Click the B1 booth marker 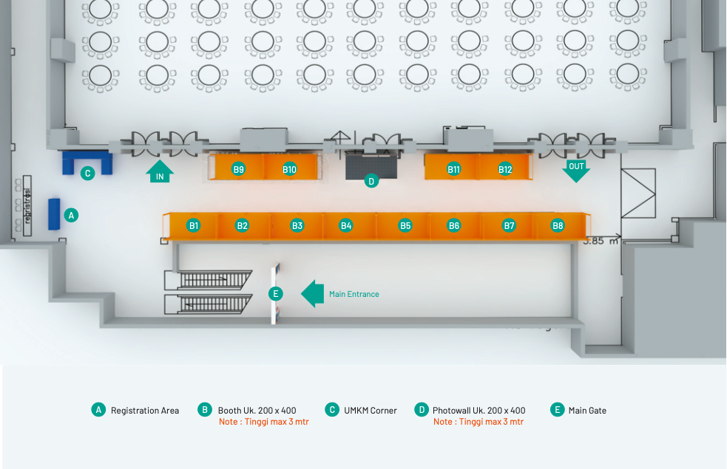click(193, 225)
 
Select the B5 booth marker click(405, 225)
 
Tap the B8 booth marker click(558, 225)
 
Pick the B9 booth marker click(238, 169)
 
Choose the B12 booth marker click(505, 169)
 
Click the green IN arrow click(160, 172)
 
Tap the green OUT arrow click(576, 169)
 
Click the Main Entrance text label click(354, 294)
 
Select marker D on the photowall click(371, 180)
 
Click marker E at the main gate click(275, 294)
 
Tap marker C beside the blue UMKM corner click(87, 174)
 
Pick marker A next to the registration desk click(71, 215)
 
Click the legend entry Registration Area click(145, 411)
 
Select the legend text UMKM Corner click(371, 411)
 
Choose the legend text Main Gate click(587, 411)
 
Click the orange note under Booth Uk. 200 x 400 click(264, 422)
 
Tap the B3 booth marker click(297, 225)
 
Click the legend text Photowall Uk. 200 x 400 click(479, 411)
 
